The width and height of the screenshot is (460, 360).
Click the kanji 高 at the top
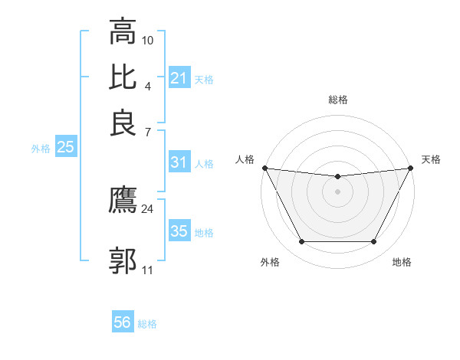click(123, 33)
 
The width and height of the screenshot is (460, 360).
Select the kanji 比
click(123, 77)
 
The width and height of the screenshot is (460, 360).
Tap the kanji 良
click(123, 123)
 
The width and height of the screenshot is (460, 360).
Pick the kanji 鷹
click(123, 201)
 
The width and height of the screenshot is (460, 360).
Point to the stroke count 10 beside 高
click(148, 40)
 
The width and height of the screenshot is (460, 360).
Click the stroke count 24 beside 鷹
click(148, 208)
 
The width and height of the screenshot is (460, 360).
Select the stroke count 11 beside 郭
click(148, 270)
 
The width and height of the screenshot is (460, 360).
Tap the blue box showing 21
click(179, 78)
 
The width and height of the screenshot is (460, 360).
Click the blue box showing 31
click(179, 162)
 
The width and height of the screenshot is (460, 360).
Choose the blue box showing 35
click(179, 231)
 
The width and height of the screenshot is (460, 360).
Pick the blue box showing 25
click(65, 147)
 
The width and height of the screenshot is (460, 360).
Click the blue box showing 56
click(123, 322)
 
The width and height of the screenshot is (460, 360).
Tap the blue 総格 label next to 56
click(147, 324)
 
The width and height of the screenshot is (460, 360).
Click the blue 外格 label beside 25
click(41, 149)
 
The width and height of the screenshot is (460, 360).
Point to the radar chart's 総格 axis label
click(338, 100)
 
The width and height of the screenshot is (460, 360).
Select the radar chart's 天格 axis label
click(432, 159)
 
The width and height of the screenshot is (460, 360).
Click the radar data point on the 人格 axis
click(264, 168)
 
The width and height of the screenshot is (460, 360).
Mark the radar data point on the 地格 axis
click(374, 242)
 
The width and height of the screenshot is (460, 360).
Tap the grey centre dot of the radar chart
click(338, 191)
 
